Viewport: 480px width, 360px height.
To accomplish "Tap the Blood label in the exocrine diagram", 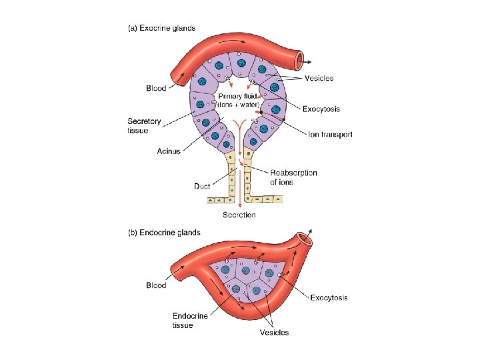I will point(156,88).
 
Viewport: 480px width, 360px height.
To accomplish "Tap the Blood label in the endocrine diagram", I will point(156,285).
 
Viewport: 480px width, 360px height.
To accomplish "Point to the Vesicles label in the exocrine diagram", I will point(319,78).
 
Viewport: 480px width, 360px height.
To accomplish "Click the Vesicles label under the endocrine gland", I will point(275,332).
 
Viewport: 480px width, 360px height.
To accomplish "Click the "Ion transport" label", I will point(330,135).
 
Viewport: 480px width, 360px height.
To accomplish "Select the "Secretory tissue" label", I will point(144,125).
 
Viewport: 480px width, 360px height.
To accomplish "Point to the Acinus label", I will point(169,151).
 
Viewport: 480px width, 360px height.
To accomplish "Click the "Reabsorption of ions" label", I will point(293,177).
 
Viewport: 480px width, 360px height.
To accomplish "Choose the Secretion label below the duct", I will point(239,215).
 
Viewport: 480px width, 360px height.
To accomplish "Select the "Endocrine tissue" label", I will point(191,320).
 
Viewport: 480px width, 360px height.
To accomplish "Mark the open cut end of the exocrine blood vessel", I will point(304,61).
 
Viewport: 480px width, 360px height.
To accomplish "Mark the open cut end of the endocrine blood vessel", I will point(307,239).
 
